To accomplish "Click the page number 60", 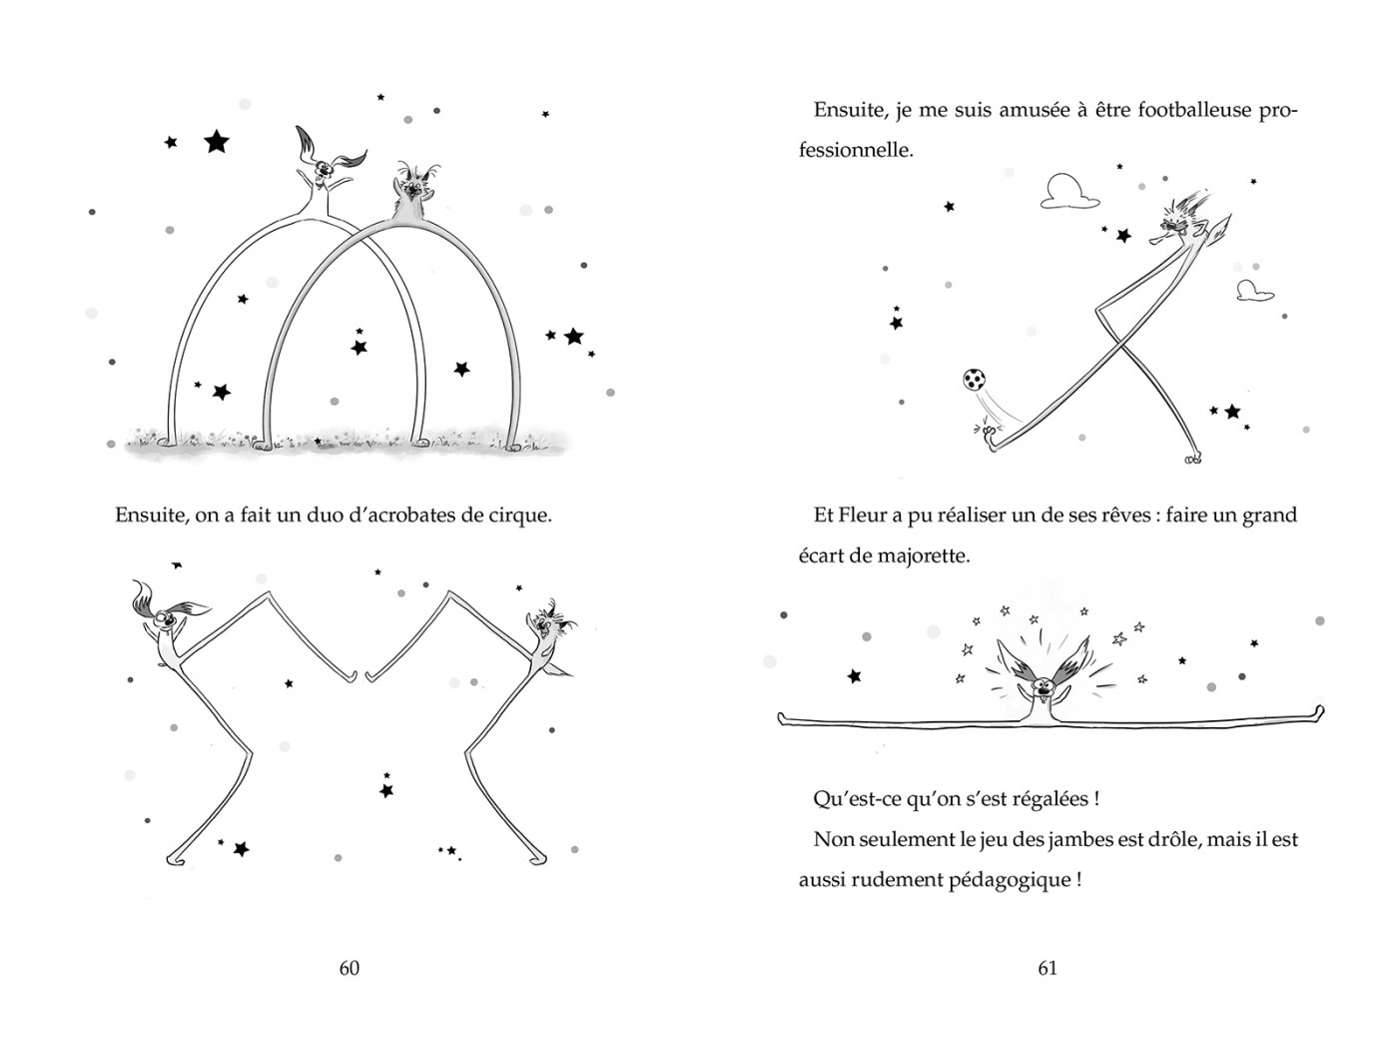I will pyautogui.click(x=349, y=967).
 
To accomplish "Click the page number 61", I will pyautogui.click(x=1048, y=967).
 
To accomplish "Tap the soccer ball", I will pyautogui.click(x=975, y=381).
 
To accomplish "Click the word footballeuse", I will pyautogui.click(x=1162, y=110).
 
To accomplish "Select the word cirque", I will pyautogui.click(x=516, y=517).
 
